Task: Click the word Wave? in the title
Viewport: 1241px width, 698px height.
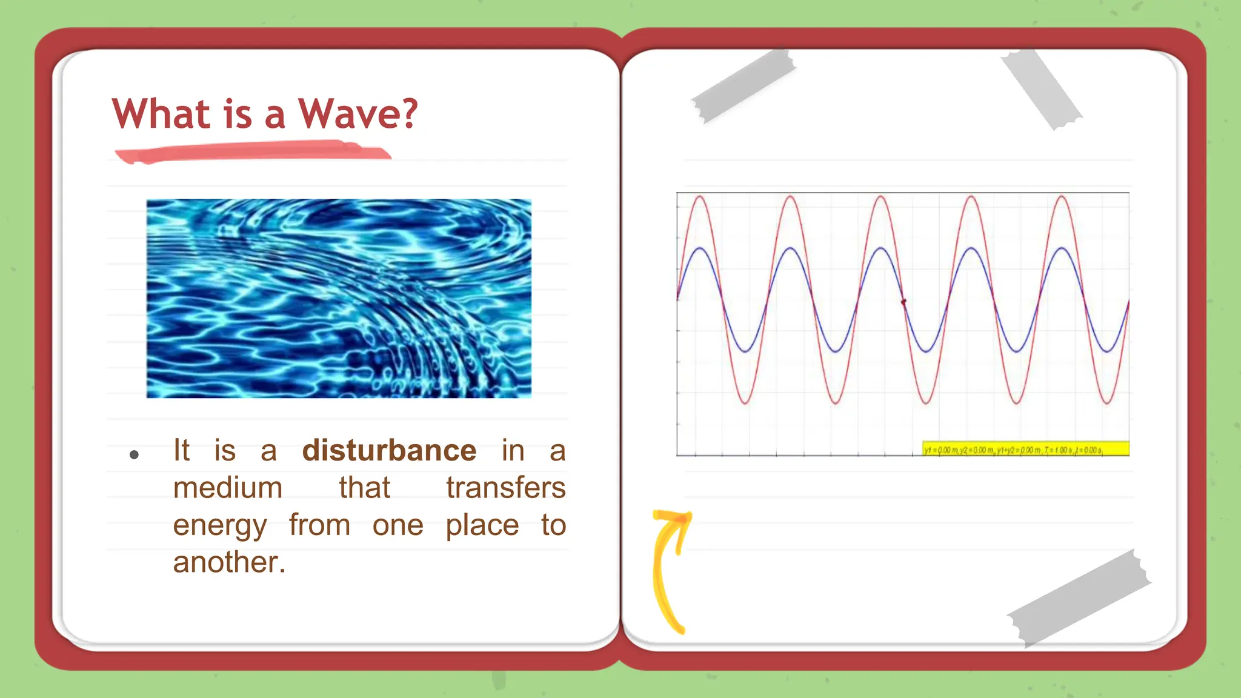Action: pyautogui.click(x=358, y=114)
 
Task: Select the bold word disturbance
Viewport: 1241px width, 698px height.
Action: pyautogui.click(x=389, y=451)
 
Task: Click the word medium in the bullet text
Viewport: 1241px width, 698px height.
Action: pyautogui.click(x=228, y=488)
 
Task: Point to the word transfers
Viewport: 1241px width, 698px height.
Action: pyautogui.click(x=505, y=488)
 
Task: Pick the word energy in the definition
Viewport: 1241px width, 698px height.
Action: pyautogui.click(x=219, y=526)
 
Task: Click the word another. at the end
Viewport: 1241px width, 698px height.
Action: pyautogui.click(x=229, y=563)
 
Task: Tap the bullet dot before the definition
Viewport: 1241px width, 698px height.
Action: pyautogui.click(x=135, y=454)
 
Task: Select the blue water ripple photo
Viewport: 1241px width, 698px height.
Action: pyautogui.click(x=339, y=298)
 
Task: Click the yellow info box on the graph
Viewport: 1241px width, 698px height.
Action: pyautogui.click(x=1025, y=449)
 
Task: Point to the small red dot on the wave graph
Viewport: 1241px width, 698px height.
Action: pyautogui.click(x=903, y=301)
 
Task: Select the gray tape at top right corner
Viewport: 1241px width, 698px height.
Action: pyautogui.click(x=1041, y=88)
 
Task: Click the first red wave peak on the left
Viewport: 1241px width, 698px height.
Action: pyautogui.click(x=700, y=197)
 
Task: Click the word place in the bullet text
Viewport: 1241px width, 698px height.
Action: pyautogui.click(x=482, y=526)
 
